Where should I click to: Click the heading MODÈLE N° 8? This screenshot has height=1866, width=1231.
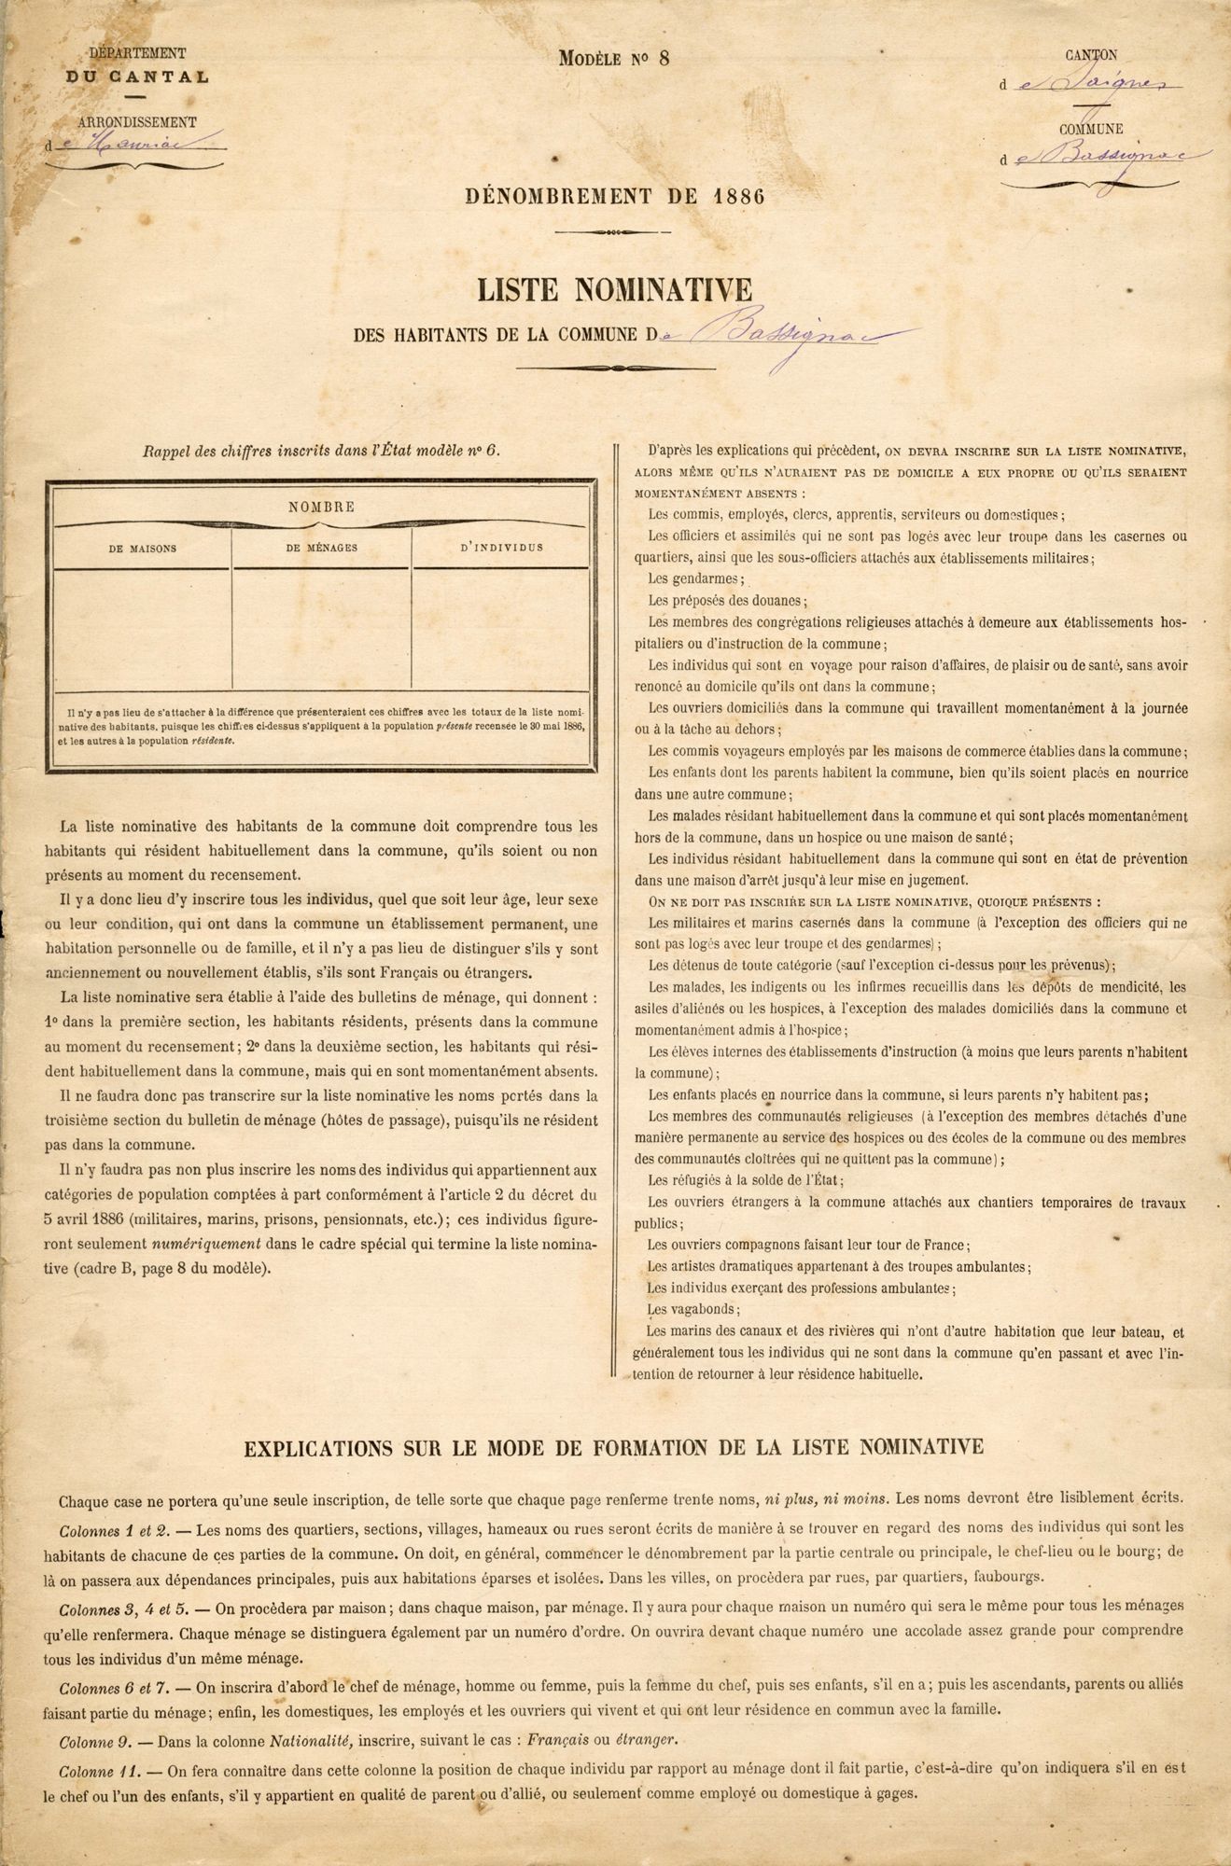tap(614, 58)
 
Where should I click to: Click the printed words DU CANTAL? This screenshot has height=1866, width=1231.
tap(137, 77)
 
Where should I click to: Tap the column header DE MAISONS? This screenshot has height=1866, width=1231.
tap(142, 549)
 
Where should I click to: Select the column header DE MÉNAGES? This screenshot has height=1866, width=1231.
tap(321, 549)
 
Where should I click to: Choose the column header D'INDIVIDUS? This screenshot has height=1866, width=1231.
tap(501, 549)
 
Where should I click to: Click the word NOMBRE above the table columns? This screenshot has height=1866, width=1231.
tap(321, 508)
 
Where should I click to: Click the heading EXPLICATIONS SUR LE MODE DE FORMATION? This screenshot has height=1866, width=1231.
tap(613, 1447)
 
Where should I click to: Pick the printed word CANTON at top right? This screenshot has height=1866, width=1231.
tap(1091, 56)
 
